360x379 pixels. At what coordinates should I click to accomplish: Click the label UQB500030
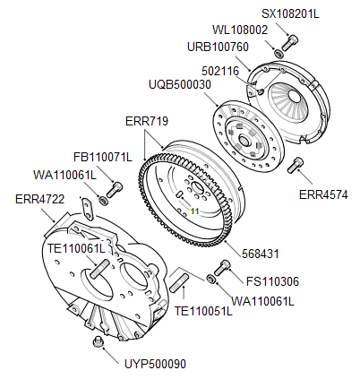pos(179,84)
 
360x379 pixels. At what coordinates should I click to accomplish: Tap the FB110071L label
pos(102,158)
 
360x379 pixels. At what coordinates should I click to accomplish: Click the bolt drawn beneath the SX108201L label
pos(289,41)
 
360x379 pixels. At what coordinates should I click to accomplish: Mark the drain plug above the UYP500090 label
pos(99,343)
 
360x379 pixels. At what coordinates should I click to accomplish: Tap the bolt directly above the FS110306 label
pos(224,266)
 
